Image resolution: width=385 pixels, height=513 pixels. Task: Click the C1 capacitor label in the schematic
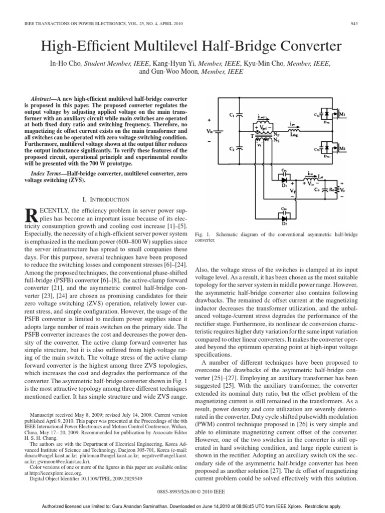pyautogui.click(x=232, y=115)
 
